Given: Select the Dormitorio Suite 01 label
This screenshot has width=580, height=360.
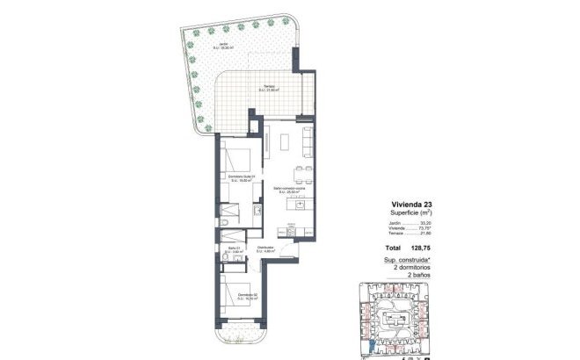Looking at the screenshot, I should point(240,180).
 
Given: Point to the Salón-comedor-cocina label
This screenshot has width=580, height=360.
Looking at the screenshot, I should point(288,189).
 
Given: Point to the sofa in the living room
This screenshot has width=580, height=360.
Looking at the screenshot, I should point(307,137).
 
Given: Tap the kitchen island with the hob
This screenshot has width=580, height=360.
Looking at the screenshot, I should point(300,205).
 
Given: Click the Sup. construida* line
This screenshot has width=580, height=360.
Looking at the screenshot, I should point(406,261).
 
